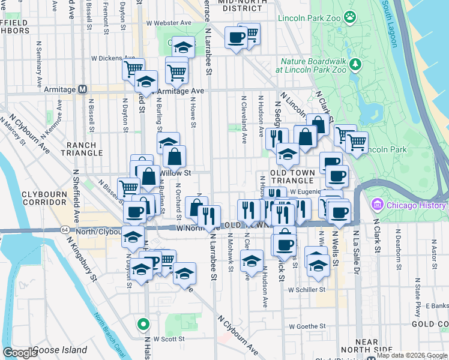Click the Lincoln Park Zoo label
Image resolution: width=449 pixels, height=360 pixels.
pyautogui.click(x=309, y=18)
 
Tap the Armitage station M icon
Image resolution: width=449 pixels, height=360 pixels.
pyautogui.click(x=83, y=89)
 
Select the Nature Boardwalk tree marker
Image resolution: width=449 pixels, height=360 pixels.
pyautogui.click(x=355, y=63)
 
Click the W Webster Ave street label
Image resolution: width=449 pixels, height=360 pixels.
pyautogui.click(x=169, y=23)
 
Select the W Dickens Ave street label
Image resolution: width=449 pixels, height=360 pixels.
pyautogui.click(x=107, y=58)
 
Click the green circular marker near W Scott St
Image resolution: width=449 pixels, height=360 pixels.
pyautogui.click(x=143, y=325)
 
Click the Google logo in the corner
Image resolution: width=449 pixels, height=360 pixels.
pyautogui.click(x=20, y=353)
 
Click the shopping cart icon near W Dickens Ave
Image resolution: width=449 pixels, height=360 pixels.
pyautogui.click(x=133, y=68)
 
